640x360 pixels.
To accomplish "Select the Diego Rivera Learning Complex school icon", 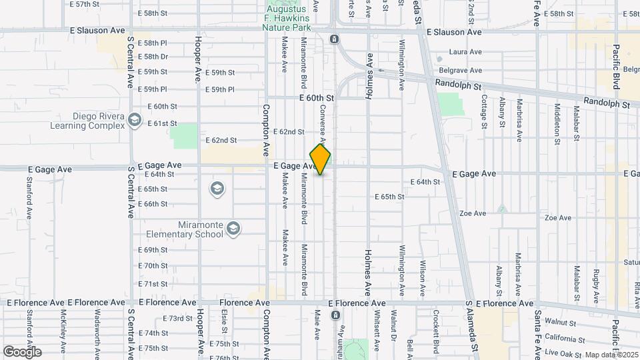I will coord(135,120).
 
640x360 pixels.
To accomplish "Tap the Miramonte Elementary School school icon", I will coord(233,229).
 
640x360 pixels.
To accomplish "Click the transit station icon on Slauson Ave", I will coord(334,39).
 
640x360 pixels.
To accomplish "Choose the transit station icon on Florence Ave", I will coord(335,314).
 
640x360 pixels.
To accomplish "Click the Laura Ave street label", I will coord(465,51).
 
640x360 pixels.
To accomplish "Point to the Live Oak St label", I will coord(561,351).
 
